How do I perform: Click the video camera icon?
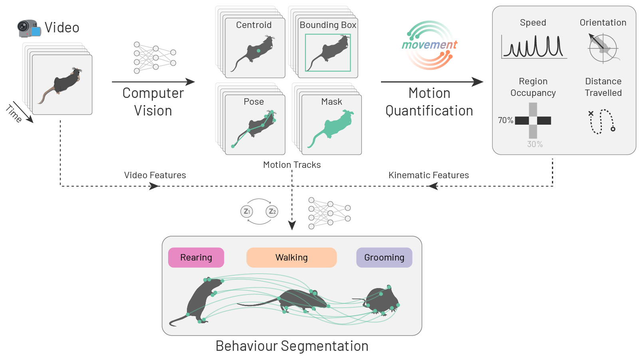[x=29, y=28]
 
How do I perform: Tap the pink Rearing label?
[x=196, y=258]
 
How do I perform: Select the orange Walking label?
[x=292, y=258]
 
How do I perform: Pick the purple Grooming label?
[x=384, y=258]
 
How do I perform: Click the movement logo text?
[x=429, y=45]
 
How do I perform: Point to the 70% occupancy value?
[x=505, y=120]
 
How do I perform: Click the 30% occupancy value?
[x=535, y=144]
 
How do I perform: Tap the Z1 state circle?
[x=247, y=211]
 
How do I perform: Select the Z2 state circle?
[x=272, y=211]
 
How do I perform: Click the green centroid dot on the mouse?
[x=258, y=51]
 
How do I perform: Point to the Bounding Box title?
[x=328, y=25]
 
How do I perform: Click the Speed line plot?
[x=534, y=47]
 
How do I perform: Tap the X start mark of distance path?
[x=591, y=113]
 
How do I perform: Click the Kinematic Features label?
[x=429, y=175]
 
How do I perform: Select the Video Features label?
[x=155, y=175]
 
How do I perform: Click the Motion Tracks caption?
[x=292, y=165]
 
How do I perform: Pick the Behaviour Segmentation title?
[x=292, y=346]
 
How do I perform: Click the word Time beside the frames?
[x=14, y=113]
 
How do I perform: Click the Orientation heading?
[x=603, y=23]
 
